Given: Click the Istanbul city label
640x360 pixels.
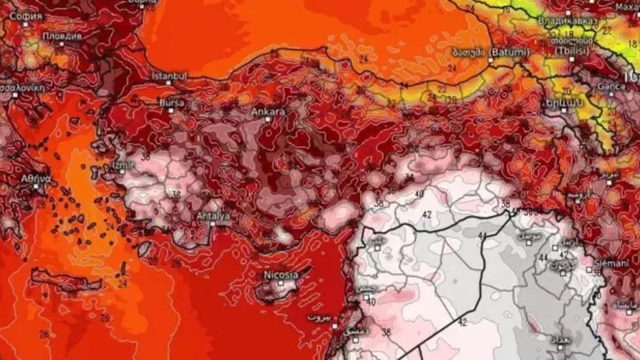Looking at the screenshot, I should pos(170,76).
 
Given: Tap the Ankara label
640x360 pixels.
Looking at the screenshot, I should pos(268,112).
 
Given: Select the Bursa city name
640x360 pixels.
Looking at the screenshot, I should pos(172,102).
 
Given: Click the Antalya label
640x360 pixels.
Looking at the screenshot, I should pos(213,216).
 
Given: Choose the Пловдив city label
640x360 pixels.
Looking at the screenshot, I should pos(63,37).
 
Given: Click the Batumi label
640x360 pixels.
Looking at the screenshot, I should pos(509,52).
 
